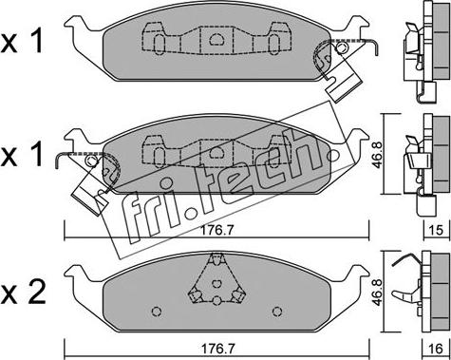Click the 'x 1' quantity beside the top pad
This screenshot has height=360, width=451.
pos(22,43)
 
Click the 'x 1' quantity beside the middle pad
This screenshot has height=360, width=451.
pos(22,155)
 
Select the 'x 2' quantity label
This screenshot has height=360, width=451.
pos(23,293)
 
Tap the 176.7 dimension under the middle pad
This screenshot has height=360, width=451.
pos(217,230)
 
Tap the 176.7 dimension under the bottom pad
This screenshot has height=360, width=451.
pos(217,349)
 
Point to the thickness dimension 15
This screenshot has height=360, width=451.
pos(436,230)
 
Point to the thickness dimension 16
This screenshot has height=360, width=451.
pos(436,349)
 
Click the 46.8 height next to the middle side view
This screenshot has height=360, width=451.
pos(378,155)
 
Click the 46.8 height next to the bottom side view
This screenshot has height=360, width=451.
pos(378,293)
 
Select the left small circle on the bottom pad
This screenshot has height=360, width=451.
pos(157,312)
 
